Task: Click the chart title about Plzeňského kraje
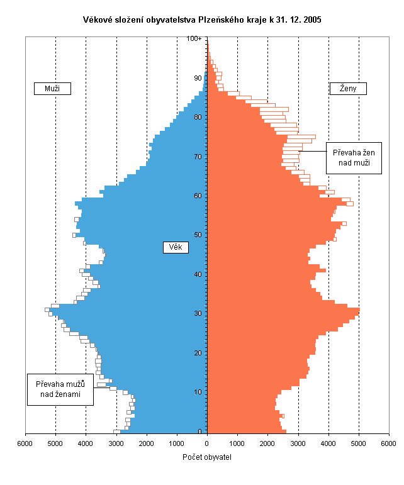click(x=203, y=20)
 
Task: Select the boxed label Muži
click(x=52, y=89)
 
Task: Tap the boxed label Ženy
click(x=348, y=89)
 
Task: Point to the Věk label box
click(x=176, y=248)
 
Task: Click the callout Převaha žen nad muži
click(x=353, y=157)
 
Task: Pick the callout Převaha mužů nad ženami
click(x=60, y=389)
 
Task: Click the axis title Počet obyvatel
click(x=207, y=457)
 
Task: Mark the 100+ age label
click(x=194, y=39)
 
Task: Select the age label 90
click(x=198, y=78)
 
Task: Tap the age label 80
click(x=198, y=117)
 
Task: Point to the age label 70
click(x=198, y=157)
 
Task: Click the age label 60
click(x=198, y=196)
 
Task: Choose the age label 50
click(x=198, y=235)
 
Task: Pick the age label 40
click(x=198, y=274)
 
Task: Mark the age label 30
click(x=198, y=313)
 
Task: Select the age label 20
click(x=198, y=353)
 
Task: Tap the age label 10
click(x=198, y=392)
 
